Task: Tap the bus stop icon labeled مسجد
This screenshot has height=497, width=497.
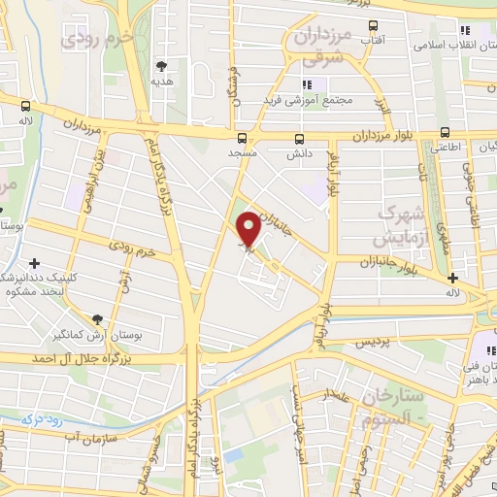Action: pos(242,138)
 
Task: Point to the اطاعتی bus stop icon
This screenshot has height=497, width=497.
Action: pos(446,131)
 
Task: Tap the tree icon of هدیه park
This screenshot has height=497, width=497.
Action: pos(161,66)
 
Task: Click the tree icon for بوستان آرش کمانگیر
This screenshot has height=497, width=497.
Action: pos(96,318)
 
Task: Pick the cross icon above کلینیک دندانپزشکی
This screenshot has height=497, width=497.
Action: pos(35,262)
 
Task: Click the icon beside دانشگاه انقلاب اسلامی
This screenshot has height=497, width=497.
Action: pos(466,29)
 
